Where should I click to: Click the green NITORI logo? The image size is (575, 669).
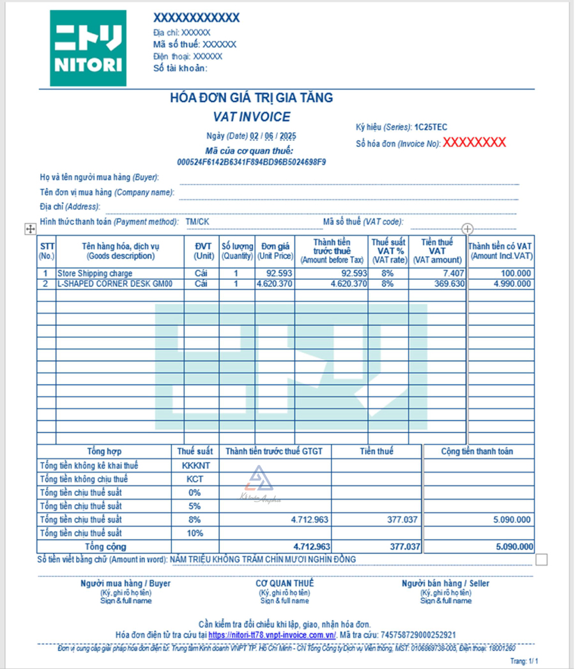pos(88,49)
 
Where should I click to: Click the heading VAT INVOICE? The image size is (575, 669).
pos(252,117)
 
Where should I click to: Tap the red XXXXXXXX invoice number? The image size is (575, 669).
pos(475,142)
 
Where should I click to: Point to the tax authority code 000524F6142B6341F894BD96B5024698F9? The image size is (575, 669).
pos(251,162)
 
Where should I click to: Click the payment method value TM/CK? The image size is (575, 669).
pos(197,222)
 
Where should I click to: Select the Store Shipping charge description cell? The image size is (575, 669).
pos(95,273)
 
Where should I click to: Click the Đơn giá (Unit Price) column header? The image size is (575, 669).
pos(275,251)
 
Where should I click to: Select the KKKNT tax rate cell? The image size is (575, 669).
pos(195,466)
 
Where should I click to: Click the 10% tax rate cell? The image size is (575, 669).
pos(195,533)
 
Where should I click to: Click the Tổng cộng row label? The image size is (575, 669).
pos(105,547)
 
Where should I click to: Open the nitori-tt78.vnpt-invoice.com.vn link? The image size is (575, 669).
pos(272,635)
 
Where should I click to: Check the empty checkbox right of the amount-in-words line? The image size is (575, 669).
pos(542,560)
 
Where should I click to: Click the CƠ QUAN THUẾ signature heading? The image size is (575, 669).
pos(284,583)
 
